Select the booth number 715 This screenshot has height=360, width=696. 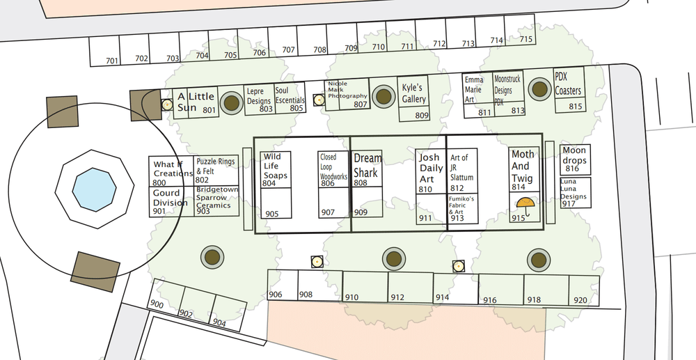(x=526, y=39)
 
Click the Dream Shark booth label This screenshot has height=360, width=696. (x=367, y=165)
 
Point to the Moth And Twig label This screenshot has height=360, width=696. (x=523, y=166)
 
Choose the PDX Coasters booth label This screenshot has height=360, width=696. (x=568, y=84)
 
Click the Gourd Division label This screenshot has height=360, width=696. (x=171, y=198)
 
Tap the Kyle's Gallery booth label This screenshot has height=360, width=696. (x=413, y=93)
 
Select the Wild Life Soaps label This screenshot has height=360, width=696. (x=275, y=167)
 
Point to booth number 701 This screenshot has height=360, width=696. (x=112, y=61)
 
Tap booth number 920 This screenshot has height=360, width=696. (x=580, y=300)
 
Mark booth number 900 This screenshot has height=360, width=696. (x=157, y=305)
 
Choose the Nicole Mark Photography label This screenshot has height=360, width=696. (x=347, y=90)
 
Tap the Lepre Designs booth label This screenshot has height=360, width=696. (x=259, y=96)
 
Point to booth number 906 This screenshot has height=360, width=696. (x=276, y=295)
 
